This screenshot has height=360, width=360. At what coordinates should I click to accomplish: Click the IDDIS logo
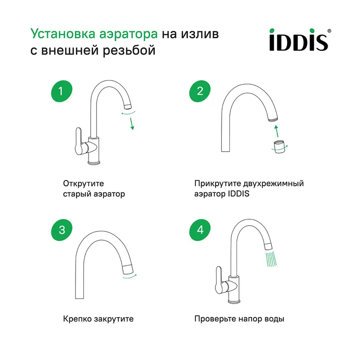pos(300,40)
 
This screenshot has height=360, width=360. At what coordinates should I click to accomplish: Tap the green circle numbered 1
pos(62,91)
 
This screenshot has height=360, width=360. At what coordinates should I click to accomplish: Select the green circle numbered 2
pos(200,91)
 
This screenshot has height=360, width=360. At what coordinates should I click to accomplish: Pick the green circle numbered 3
pos(62,230)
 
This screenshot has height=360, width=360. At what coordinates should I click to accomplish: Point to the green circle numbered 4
pos(200,230)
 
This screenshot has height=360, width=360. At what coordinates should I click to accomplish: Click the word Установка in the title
pos(63,34)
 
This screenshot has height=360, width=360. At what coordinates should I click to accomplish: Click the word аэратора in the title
pos(129,34)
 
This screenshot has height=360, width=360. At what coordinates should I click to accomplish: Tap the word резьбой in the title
pos(129,50)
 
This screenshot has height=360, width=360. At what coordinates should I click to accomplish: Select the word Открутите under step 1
pos(83,184)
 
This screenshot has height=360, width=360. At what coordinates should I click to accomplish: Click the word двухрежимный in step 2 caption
pos(273,184)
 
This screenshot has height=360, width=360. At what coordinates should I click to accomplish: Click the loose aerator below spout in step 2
pos(279,147)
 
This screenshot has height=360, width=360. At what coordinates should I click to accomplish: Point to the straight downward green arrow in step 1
pos(132,124)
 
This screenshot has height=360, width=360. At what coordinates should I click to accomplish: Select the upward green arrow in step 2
pos(277,131)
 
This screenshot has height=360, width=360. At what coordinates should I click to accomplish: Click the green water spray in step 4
pos(271,259)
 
